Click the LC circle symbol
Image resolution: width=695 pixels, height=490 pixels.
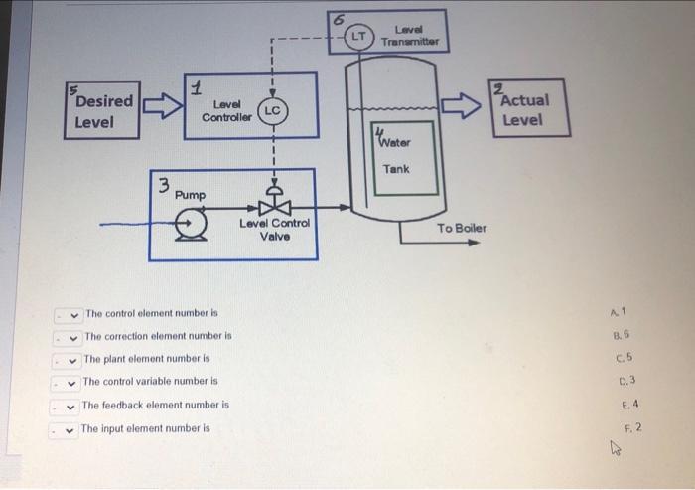coord(272,110)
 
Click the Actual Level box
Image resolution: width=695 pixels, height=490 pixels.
coord(528,108)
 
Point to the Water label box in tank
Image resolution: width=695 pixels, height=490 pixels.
coord(401,138)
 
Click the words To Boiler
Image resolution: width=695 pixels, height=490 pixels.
coord(462,228)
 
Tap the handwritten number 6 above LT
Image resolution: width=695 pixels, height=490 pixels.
coord(338,18)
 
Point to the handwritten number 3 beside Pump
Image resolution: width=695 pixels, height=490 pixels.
coord(166,185)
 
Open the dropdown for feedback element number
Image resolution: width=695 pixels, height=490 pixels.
coord(69,406)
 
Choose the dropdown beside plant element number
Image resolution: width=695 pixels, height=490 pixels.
coord(71,359)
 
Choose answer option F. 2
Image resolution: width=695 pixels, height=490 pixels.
coord(633,427)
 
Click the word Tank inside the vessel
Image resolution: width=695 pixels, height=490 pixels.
coord(396,169)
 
